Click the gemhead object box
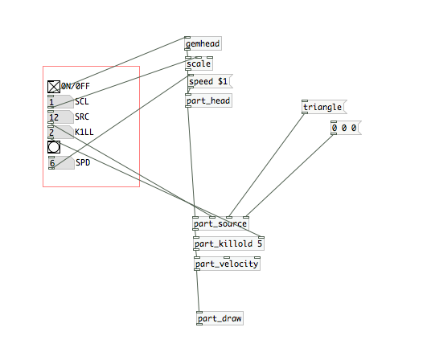click(x=203, y=43)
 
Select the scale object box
click(x=199, y=63)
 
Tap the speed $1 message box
click(x=210, y=81)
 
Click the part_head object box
click(x=208, y=100)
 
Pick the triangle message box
click(x=324, y=107)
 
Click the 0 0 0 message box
click(x=346, y=128)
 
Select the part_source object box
click(x=220, y=223)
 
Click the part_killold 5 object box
click(x=228, y=243)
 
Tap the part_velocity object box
click(x=227, y=264)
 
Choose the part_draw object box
click(x=220, y=318)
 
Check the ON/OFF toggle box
click(x=54, y=87)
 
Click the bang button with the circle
click(x=54, y=147)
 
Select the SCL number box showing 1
click(x=61, y=102)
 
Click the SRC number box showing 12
click(x=61, y=117)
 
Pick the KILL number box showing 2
click(x=61, y=133)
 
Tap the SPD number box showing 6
click(x=61, y=162)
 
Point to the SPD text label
click(x=83, y=162)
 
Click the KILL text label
click(x=84, y=132)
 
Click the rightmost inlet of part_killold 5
click(x=261, y=238)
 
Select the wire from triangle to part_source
click(x=267, y=166)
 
